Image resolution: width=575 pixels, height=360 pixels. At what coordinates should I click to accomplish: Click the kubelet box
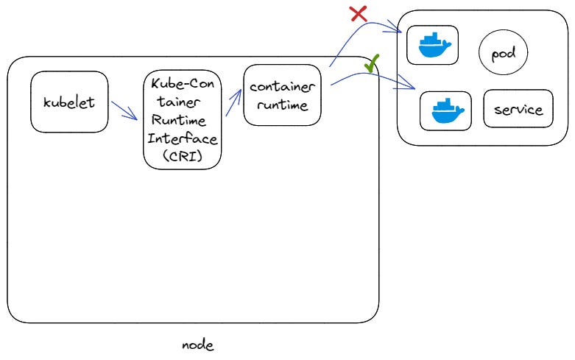click(x=69, y=102)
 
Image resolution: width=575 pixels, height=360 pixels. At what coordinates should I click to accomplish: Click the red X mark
click(x=358, y=13)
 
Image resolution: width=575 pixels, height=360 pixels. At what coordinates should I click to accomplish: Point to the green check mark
click(x=372, y=66)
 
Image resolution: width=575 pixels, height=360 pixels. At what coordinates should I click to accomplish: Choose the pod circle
click(x=504, y=54)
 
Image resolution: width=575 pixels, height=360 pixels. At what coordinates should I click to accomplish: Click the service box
click(x=518, y=110)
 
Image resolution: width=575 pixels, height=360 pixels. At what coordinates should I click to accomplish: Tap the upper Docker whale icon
click(x=432, y=46)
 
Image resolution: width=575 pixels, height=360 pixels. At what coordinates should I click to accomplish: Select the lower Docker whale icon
click(x=445, y=111)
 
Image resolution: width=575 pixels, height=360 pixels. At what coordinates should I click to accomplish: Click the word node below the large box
click(x=198, y=345)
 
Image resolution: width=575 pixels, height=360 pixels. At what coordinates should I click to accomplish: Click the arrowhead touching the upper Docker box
click(x=400, y=32)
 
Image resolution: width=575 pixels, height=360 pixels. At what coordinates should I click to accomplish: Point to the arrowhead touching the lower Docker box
click(x=412, y=90)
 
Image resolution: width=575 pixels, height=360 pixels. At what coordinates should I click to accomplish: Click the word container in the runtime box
click(x=283, y=87)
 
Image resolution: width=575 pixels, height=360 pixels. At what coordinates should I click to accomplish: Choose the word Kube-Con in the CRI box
click(x=182, y=82)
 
